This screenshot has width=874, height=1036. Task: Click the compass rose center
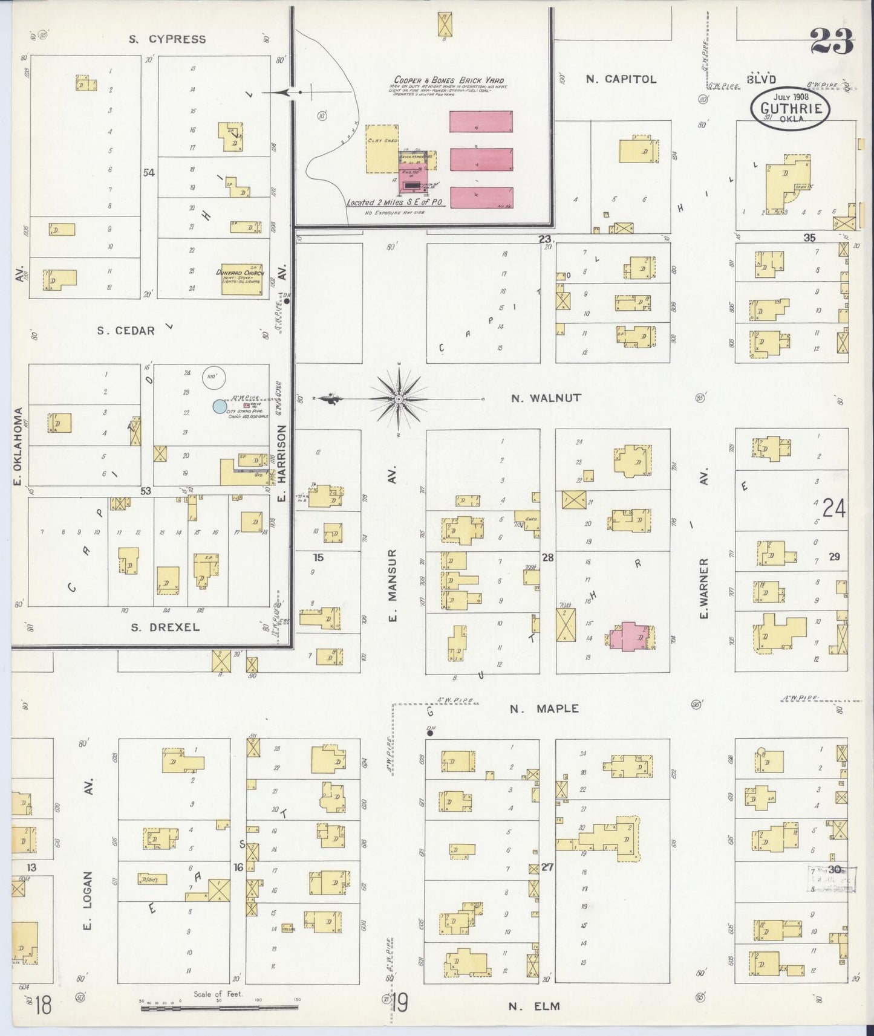(x=399, y=400)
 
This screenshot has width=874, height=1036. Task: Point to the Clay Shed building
(x=382, y=149)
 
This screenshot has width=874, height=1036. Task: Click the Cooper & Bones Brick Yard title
(x=449, y=80)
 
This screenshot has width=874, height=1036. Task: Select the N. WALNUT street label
(x=546, y=398)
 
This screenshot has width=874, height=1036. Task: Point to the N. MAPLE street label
(x=544, y=708)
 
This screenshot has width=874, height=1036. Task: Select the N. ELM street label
(x=534, y=1006)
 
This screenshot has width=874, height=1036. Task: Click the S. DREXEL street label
(x=165, y=627)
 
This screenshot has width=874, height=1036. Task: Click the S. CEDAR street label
(x=126, y=331)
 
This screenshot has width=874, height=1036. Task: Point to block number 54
(x=148, y=173)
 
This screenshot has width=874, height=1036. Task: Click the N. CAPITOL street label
(x=621, y=79)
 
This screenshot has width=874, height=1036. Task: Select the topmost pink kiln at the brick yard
(x=481, y=121)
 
